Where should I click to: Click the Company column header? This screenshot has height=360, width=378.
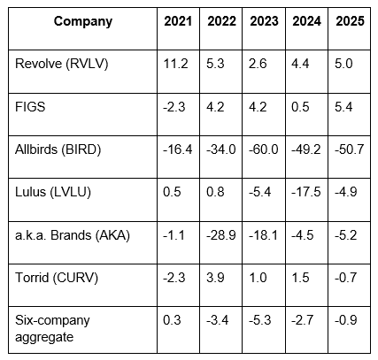[x=83, y=21]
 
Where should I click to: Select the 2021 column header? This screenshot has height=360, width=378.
[x=178, y=21]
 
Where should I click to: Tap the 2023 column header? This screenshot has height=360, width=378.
[x=264, y=21]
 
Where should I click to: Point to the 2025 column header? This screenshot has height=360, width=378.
[x=350, y=21]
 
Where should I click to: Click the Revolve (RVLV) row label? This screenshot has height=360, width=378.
[x=62, y=64]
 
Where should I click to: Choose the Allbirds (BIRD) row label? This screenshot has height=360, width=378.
[x=58, y=149]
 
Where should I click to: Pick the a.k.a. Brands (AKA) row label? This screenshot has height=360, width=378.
[x=73, y=235]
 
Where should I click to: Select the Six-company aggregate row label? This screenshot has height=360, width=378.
[x=52, y=328]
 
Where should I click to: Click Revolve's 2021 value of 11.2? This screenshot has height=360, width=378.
[x=175, y=64]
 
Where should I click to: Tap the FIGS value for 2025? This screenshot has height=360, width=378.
[x=343, y=107]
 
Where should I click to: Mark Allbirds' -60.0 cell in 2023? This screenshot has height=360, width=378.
[x=264, y=149]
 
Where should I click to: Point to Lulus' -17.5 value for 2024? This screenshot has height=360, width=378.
[x=306, y=192]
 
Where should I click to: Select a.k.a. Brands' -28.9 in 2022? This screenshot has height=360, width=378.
[x=221, y=235]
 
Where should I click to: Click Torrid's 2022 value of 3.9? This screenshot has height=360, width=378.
[x=215, y=278]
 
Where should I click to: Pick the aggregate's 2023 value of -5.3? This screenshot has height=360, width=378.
[x=260, y=320]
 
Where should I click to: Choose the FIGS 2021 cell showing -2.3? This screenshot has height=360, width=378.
[x=174, y=107]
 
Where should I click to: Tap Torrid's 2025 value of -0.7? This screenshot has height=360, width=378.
[x=346, y=278]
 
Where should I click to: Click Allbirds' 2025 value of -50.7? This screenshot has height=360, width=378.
[x=350, y=149]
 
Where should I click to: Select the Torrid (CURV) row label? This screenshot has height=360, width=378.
[x=57, y=278]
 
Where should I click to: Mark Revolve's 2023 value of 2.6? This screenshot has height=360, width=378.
[x=258, y=64]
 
